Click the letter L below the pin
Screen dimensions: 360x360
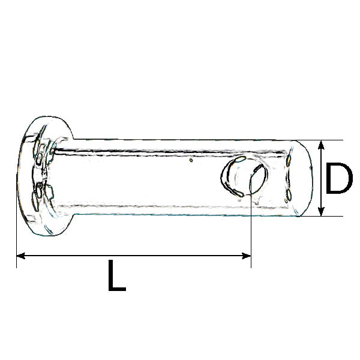pyautogui.click(x=116, y=276)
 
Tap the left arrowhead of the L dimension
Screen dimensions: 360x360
pyautogui.click(x=20, y=256)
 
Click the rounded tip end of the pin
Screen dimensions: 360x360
pyautogui.click(x=303, y=178)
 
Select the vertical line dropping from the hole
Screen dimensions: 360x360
pyautogui.click(x=250, y=228)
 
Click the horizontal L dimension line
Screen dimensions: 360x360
pyautogui.click(x=132, y=256)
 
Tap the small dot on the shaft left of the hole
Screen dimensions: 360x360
pyautogui.click(x=191, y=160)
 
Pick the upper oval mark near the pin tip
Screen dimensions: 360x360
pyautogui.click(x=289, y=160)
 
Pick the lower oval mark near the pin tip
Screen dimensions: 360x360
pyautogui.click(x=289, y=194)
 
